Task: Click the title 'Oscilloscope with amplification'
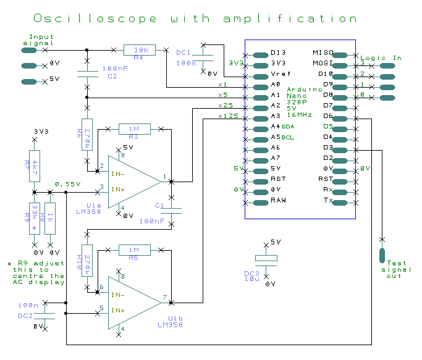tap(195, 19)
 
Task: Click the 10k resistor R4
tap(140, 50)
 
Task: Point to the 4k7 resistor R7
tap(35, 165)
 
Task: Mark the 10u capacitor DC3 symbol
tap(267, 259)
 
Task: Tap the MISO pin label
tap(323, 52)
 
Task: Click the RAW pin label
tap(278, 200)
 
